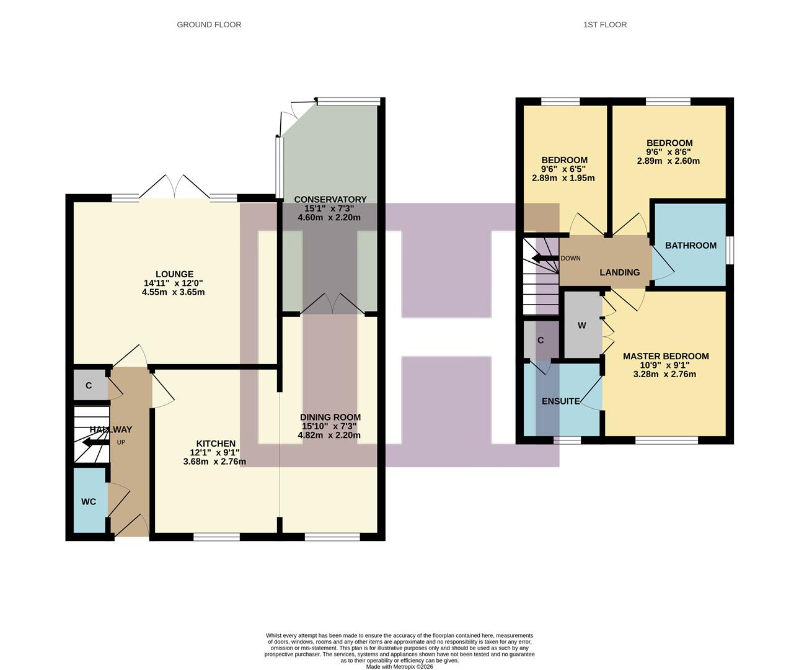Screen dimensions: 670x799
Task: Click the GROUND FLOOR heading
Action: click(209, 25)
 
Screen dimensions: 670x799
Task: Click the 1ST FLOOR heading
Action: click(604, 25)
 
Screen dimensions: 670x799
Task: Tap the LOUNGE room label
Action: click(174, 274)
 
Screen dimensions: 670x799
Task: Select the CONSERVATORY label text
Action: click(330, 199)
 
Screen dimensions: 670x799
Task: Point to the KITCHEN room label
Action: click(216, 444)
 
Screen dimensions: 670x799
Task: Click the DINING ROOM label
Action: click(330, 418)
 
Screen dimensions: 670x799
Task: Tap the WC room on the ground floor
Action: click(89, 501)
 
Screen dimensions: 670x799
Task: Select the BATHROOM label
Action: click(691, 246)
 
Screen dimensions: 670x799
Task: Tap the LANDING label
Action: click(619, 272)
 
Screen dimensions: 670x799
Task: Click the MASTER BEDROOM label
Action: click(666, 357)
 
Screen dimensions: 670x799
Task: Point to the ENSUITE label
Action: click(560, 401)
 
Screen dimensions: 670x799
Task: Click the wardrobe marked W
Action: click(581, 326)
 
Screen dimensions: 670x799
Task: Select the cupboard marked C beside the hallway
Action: click(89, 386)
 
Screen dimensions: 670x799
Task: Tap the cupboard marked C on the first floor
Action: click(541, 341)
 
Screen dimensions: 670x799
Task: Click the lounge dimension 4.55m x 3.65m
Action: click(173, 292)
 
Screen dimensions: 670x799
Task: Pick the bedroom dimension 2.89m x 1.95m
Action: click(563, 178)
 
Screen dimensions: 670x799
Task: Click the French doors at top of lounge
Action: click(174, 187)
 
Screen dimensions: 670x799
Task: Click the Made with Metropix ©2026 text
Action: click(399, 667)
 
